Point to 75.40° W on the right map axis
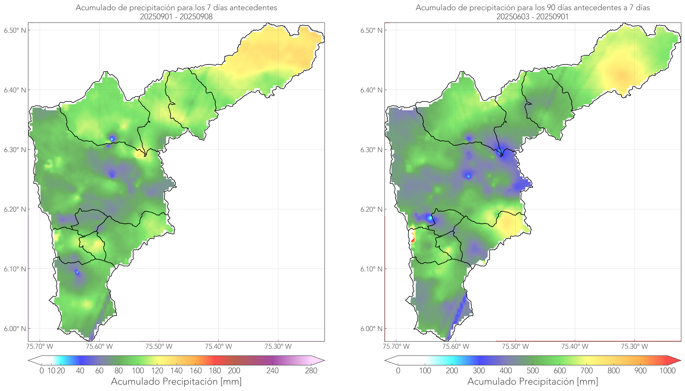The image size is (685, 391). click(575, 346)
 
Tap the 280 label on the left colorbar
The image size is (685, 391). click(311, 371)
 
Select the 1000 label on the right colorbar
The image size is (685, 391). click(667, 371)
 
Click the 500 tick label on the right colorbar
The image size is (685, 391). click(533, 371)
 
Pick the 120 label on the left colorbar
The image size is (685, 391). click(157, 371)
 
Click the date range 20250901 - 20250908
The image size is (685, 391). click(176, 17)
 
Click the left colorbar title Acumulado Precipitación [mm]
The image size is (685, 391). click(176, 381)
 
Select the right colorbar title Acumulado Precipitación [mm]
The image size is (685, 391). click(533, 381)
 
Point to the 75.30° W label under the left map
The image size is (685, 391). click(278, 346)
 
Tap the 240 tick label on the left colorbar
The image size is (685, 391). click(273, 371)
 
